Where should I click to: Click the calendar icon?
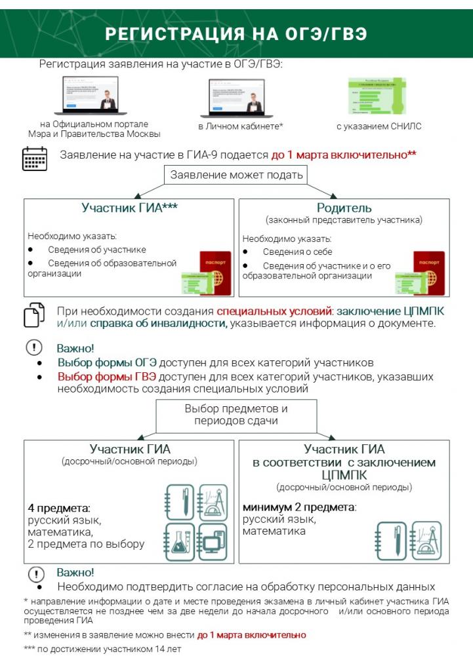pyautogui.click(x=35, y=159)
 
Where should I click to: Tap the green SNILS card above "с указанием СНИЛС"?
pyautogui.click(x=377, y=96)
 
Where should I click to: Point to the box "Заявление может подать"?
pyautogui.click(x=237, y=175)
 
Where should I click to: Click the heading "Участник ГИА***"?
pyautogui.click(x=130, y=208)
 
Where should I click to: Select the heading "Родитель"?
pyautogui.click(x=344, y=208)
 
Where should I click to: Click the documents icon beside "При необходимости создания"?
pyautogui.click(x=34, y=315)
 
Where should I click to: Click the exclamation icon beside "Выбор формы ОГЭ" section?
pyautogui.click(x=34, y=348)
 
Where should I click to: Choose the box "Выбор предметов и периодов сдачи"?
pyautogui.click(x=236, y=415)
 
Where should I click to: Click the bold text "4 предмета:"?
pyautogui.click(x=59, y=508)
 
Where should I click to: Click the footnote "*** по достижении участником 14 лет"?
pyautogui.click(x=102, y=649)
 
